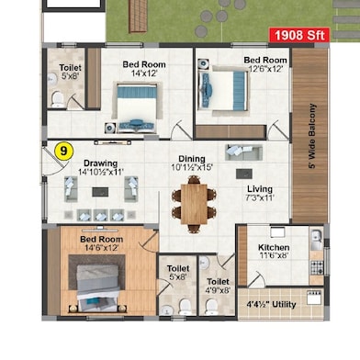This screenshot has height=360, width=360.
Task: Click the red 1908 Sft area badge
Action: (299, 35)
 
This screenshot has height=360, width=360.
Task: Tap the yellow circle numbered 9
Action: (63, 152)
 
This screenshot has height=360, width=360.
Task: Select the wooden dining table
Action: (194, 204)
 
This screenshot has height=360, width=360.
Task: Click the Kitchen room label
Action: (274, 247)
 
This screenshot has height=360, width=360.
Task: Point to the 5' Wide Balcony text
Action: (312, 136)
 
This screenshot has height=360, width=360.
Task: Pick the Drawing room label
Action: (100, 163)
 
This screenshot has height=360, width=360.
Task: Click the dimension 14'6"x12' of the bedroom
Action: (101, 248)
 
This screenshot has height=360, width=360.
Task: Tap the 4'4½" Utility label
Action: (271, 305)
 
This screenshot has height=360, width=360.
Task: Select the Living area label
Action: (260, 189)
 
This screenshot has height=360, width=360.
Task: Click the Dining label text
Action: (192, 159)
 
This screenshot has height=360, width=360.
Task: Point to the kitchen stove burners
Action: (317, 267)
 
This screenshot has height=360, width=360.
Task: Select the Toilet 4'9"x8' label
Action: (218, 286)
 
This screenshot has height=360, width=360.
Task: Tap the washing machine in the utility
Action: (314, 298)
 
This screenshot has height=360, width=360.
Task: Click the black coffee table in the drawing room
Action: (100, 192)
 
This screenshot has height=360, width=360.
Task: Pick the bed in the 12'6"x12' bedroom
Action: (223, 91)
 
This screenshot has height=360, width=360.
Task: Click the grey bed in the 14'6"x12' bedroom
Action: (97, 287)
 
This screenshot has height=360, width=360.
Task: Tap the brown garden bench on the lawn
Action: (138, 16)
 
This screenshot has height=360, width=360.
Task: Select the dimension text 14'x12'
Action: (144, 73)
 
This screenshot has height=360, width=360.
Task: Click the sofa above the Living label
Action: (244, 152)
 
